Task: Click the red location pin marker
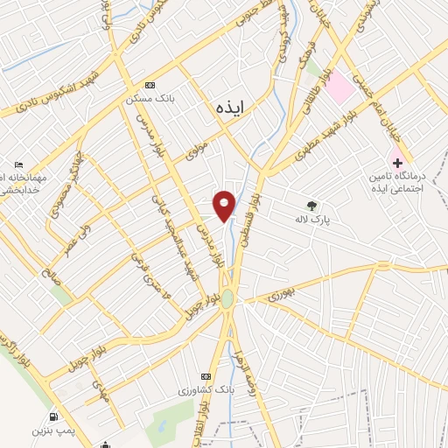(225, 206)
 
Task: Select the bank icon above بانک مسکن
(150, 85)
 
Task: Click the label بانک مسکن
(145, 98)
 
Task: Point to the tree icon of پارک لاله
(312, 206)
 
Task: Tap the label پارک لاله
(313, 220)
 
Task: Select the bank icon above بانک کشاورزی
(206, 374)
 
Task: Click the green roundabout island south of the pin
(227, 297)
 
